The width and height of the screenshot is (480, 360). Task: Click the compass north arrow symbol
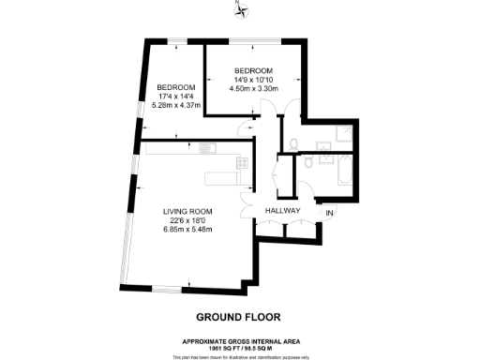coord(239,9)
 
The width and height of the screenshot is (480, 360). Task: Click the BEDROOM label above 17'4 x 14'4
coord(175,88)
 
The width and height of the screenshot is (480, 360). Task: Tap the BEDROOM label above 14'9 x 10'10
coord(253,71)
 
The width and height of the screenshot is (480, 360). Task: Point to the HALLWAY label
coord(281,212)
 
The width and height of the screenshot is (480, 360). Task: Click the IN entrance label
coord(329,215)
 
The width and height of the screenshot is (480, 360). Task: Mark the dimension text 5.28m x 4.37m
coord(175,105)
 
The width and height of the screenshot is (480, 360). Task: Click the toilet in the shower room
coord(293,143)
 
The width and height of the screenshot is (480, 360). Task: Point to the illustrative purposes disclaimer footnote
coord(239,355)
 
